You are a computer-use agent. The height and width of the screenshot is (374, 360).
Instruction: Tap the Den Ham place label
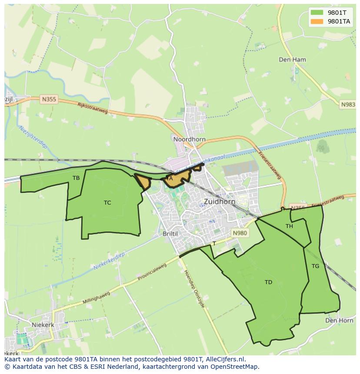click(x=292, y=60)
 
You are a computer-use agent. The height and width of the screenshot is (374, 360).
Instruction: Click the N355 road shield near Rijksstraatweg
click(x=49, y=99)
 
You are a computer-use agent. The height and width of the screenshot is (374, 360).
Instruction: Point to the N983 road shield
click(x=347, y=105)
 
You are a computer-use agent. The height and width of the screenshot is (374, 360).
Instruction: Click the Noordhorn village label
click(x=189, y=139)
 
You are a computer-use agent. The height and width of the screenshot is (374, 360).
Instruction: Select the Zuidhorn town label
click(x=220, y=202)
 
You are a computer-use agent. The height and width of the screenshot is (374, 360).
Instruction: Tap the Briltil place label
click(x=170, y=233)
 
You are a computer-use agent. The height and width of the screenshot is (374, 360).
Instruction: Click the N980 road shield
click(x=240, y=233)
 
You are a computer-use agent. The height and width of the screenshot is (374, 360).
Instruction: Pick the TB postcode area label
click(x=76, y=178)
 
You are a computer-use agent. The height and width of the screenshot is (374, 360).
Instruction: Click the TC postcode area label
click(x=107, y=202)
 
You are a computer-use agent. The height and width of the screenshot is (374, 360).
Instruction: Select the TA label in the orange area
click(x=170, y=178)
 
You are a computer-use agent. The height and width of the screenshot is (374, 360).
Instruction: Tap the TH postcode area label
click(x=289, y=226)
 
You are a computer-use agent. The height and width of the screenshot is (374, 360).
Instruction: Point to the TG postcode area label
click(x=315, y=266)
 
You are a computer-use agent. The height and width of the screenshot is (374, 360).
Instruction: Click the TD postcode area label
click(x=268, y=282)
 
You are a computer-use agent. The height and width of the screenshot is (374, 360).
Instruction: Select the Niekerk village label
click(x=43, y=324)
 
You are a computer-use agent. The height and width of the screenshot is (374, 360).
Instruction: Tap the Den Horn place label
click(x=339, y=320)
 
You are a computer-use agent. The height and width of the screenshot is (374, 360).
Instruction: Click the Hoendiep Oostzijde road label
click(x=194, y=289)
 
